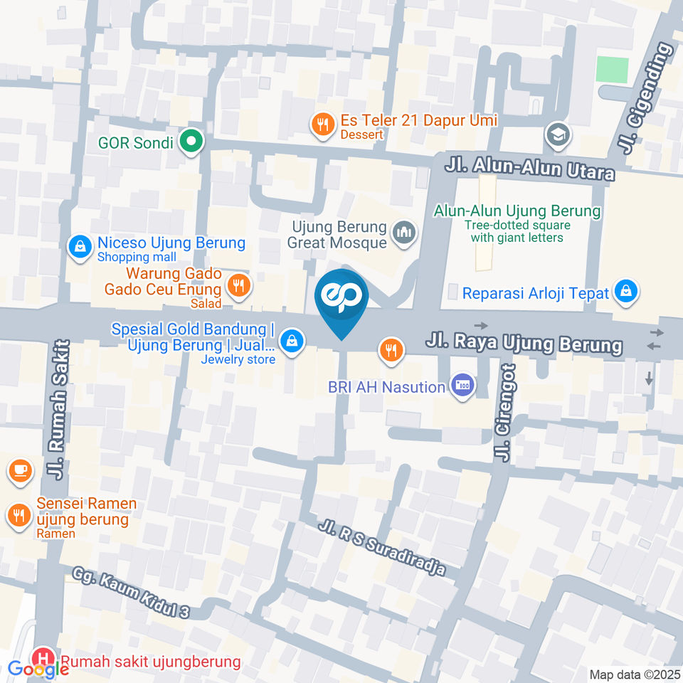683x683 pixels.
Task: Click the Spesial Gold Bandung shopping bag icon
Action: click(291, 341)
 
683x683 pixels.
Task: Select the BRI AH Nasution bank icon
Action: click(463, 386)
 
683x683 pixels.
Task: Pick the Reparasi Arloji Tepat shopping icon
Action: click(625, 291)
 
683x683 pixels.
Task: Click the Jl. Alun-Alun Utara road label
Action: click(529, 169)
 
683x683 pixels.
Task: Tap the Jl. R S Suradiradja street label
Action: click(382, 548)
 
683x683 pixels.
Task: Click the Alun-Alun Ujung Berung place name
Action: click(517, 211)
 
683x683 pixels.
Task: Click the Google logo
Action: click(30, 669)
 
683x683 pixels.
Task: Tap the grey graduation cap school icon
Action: click(556, 133)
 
